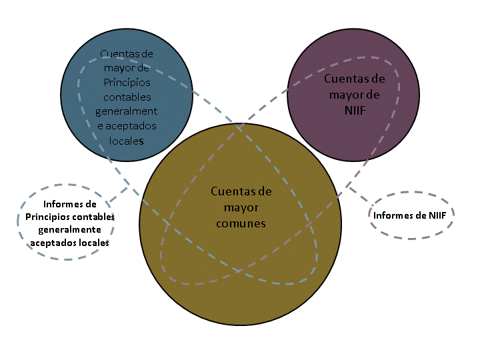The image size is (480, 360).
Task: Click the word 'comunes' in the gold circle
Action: click(241, 223)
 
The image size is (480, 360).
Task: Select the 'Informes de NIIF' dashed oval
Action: click(411, 215)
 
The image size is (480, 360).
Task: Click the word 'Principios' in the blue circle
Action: click(127, 82)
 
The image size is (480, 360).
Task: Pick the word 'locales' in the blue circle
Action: click(127, 141)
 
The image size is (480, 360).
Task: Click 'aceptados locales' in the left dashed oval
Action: click(70, 243)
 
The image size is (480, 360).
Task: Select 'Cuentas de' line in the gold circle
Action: click(241, 191)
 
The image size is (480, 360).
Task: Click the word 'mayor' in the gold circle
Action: click(241, 207)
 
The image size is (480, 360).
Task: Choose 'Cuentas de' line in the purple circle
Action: click(355, 79)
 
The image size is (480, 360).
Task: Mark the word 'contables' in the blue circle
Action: click(127, 97)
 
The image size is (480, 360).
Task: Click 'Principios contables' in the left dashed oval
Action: click(70, 217)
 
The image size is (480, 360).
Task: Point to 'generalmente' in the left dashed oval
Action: click(70, 230)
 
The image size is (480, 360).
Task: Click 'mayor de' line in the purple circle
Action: click(355, 94)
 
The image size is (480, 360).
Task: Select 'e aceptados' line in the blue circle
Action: click(127, 126)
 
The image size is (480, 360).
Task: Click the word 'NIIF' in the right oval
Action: click(437, 215)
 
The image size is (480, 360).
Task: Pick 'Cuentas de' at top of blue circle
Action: click(127, 53)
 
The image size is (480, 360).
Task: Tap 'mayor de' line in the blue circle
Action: click(127, 67)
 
